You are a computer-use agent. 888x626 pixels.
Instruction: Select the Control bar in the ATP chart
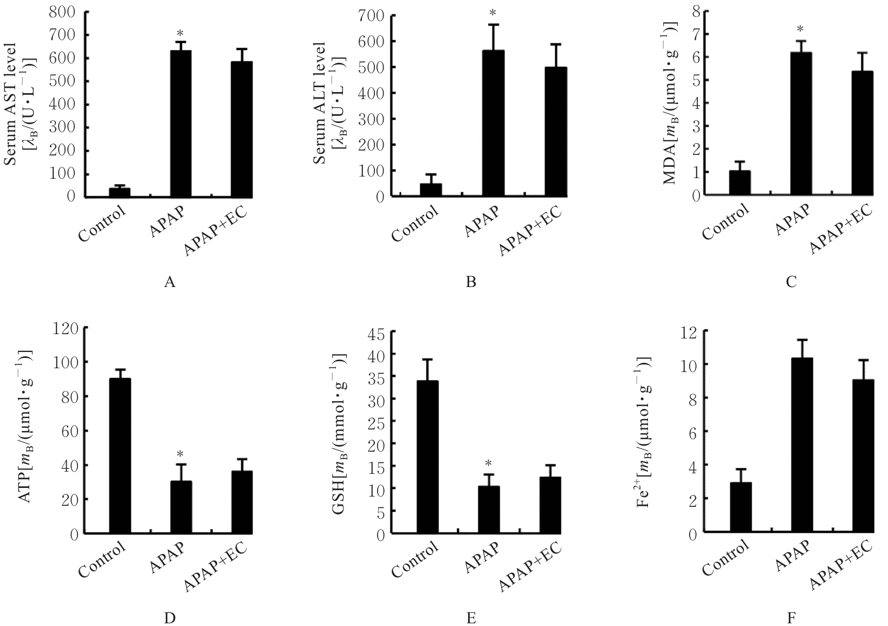(x=120, y=455)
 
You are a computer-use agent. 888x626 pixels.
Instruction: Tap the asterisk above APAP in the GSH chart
(x=488, y=464)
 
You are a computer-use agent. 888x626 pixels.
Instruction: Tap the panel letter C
(x=791, y=282)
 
